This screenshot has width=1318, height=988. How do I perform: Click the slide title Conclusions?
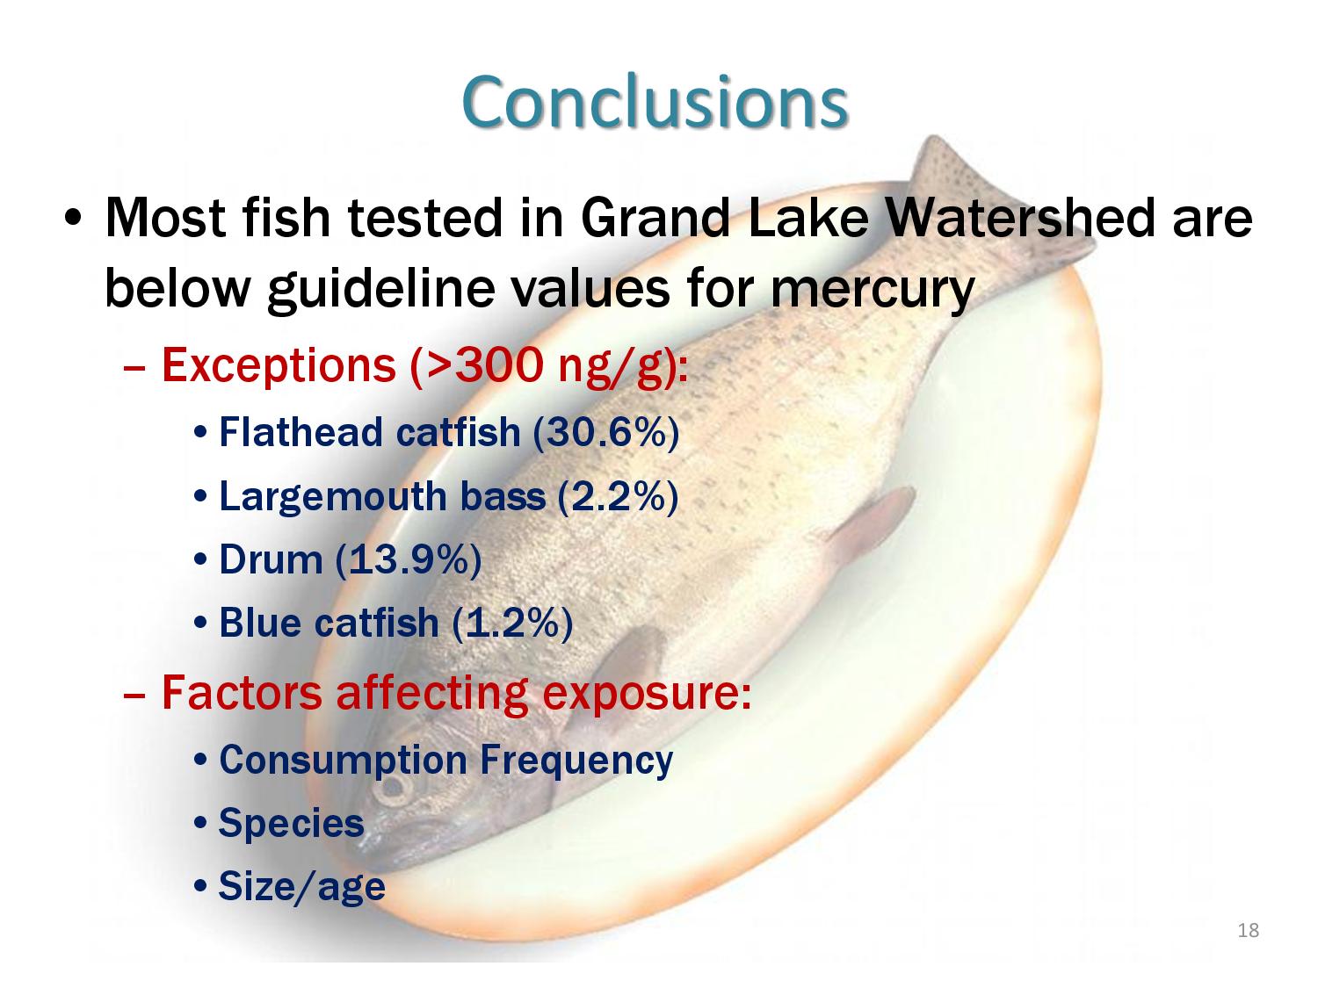[654, 101]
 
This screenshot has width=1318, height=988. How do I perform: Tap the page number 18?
[1249, 930]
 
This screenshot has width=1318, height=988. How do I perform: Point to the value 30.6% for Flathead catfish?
[605, 432]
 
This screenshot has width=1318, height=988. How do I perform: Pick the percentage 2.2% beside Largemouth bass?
[618, 497]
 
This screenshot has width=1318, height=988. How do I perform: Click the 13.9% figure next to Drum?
[409, 559]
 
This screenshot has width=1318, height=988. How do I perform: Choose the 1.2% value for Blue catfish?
[512, 623]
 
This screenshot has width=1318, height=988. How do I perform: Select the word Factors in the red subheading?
[242, 692]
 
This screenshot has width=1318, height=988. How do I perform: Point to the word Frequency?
[576, 761]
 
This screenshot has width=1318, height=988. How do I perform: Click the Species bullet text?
[291, 824]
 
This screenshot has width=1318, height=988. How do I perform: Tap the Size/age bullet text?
[301, 886]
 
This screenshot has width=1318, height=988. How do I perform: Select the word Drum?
[271, 559]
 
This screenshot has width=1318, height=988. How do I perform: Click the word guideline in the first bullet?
[381, 291]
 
